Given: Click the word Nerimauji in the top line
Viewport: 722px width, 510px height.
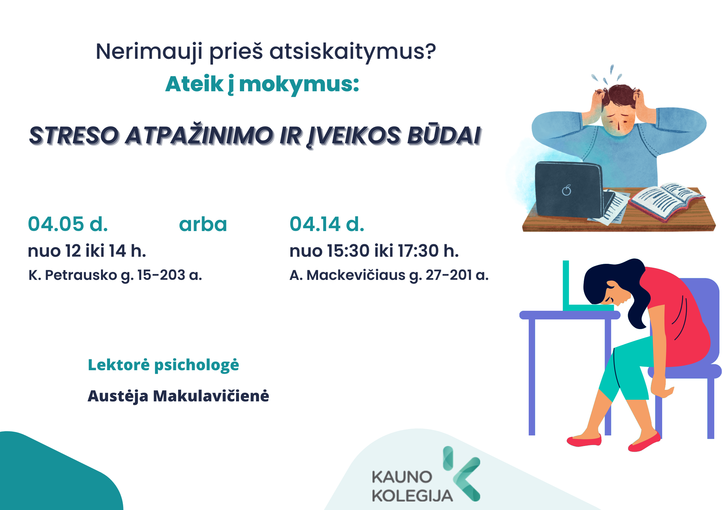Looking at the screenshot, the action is pyautogui.click(x=150, y=52).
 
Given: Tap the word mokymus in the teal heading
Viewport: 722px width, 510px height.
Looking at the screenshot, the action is pyautogui.click(x=299, y=85).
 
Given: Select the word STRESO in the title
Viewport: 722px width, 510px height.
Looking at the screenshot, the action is pyautogui.click(x=74, y=135).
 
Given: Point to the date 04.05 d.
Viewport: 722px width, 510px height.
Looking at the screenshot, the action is pyautogui.click(x=68, y=224).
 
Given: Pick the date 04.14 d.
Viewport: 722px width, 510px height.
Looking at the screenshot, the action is pyautogui.click(x=327, y=224).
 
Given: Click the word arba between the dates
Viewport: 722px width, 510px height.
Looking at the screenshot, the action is pyautogui.click(x=203, y=225).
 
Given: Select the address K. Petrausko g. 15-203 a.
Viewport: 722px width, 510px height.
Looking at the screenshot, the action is pyautogui.click(x=115, y=275).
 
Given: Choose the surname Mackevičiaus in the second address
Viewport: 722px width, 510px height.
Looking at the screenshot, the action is pyautogui.click(x=356, y=275).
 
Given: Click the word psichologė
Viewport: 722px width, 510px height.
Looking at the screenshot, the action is pyautogui.click(x=196, y=365).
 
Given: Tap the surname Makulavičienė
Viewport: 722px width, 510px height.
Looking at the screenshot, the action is pyautogui.click(x=211, y=396).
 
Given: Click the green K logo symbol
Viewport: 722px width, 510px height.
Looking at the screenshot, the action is pyautogui.click(x=462, y=473).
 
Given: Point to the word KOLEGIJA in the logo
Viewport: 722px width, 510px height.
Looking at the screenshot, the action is pyautogui.click(x=412, y=496).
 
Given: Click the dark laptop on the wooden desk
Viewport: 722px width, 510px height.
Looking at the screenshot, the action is pyautogui.click(x=569, y=190).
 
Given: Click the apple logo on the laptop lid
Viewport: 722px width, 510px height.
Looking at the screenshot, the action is pyautogui.click(x=567, y=190).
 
